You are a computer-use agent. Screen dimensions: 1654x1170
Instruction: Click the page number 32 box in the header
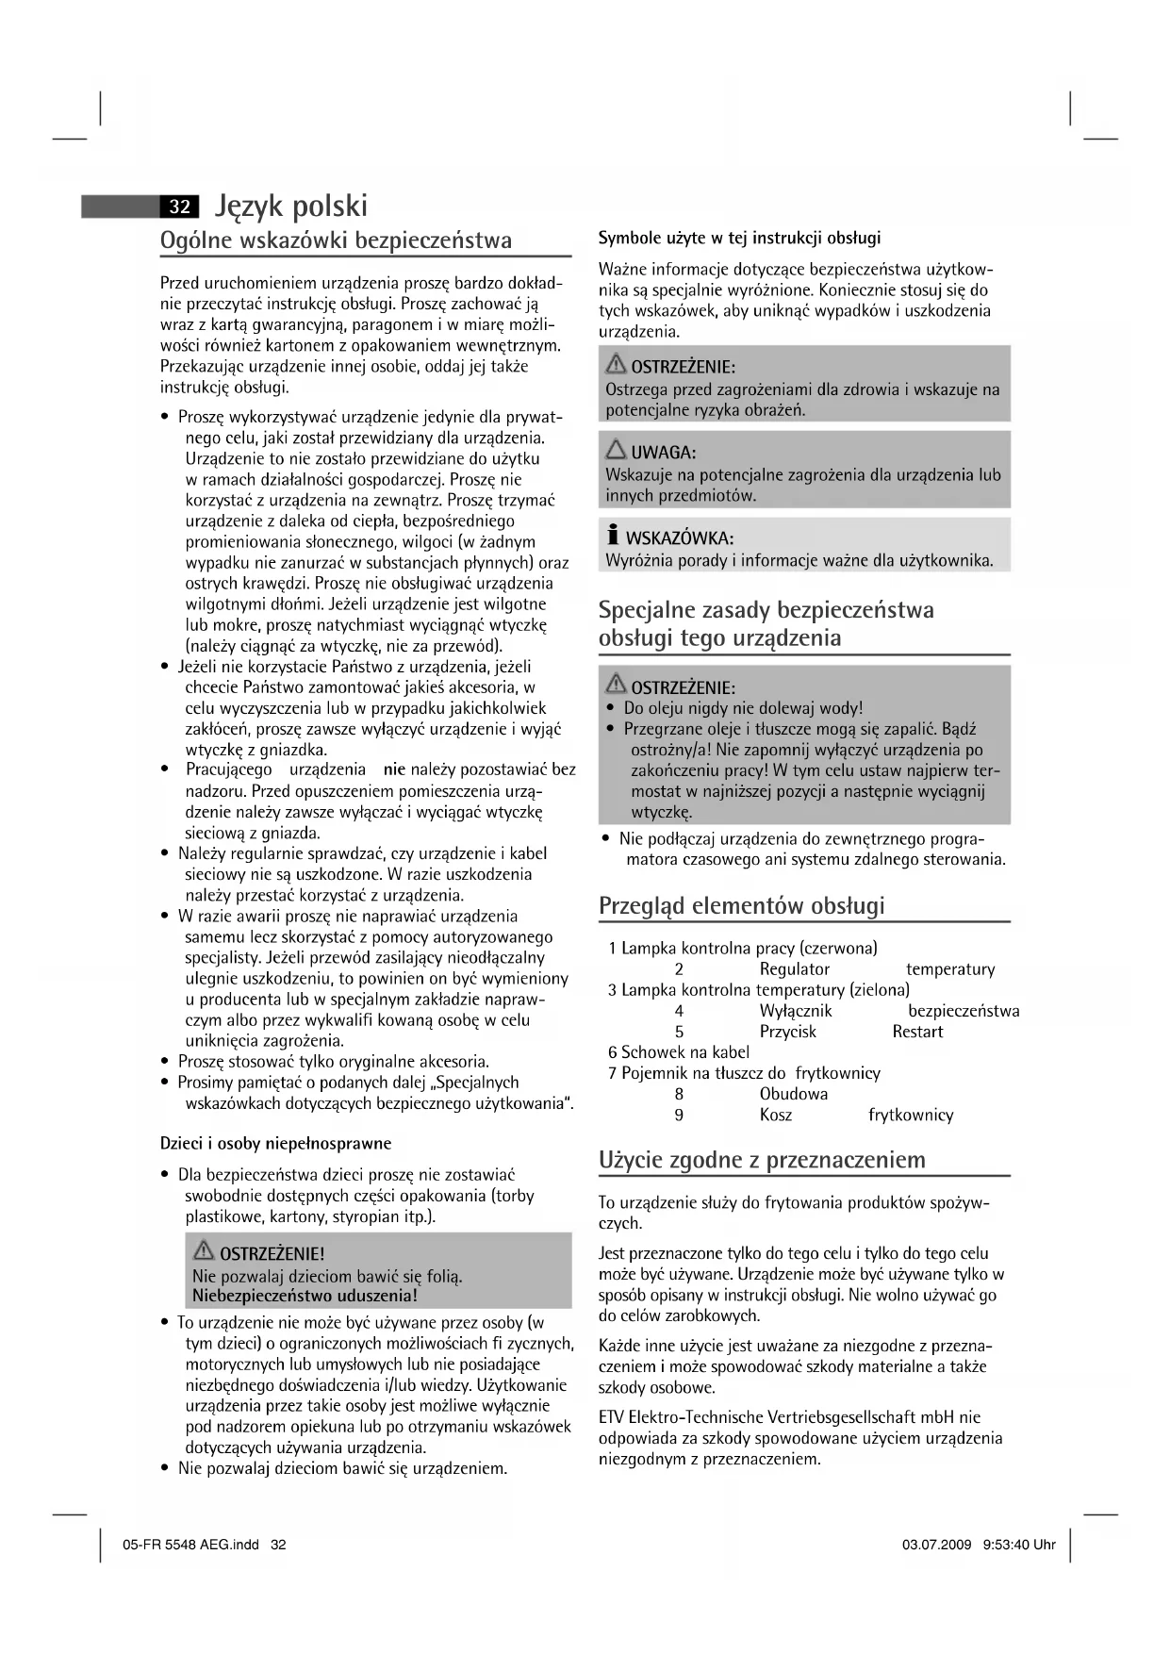(x=179, y=207)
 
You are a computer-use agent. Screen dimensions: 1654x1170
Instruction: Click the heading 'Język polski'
(x=291, y=206)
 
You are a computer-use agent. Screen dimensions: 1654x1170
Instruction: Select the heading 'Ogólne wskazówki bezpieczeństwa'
(x=337, y=240)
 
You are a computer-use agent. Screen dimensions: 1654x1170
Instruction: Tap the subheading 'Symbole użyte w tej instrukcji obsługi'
(x=740, y=238)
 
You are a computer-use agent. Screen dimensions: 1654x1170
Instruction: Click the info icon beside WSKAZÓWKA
(x=613, y=536)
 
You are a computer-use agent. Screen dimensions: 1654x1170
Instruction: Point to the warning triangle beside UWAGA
(x=616, y=450)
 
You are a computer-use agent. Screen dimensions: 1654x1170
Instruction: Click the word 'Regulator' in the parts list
(x=795, y=969)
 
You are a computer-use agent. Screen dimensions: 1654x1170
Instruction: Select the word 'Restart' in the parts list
(x=917, y=1032)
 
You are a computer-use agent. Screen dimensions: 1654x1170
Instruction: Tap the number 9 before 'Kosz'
(x=679, y=1116)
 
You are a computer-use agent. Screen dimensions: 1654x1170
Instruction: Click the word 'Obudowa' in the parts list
(x=794, y=1095)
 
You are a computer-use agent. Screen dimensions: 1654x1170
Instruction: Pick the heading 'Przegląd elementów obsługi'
(x=742, y=906)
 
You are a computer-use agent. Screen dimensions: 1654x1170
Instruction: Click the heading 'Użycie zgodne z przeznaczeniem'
(x=762, y=1160)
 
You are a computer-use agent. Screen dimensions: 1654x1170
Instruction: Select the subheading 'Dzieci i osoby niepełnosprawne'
(x=275, y=1144)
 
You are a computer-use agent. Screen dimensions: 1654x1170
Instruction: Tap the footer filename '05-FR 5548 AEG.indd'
(x=190, y=1545)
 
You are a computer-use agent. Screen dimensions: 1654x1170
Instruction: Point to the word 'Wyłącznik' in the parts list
(x=796, y=1011)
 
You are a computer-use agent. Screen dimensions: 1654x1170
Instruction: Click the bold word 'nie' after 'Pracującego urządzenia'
(x=394, y=769)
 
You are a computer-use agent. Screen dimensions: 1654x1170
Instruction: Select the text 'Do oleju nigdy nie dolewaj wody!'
(x=743, y=708)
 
